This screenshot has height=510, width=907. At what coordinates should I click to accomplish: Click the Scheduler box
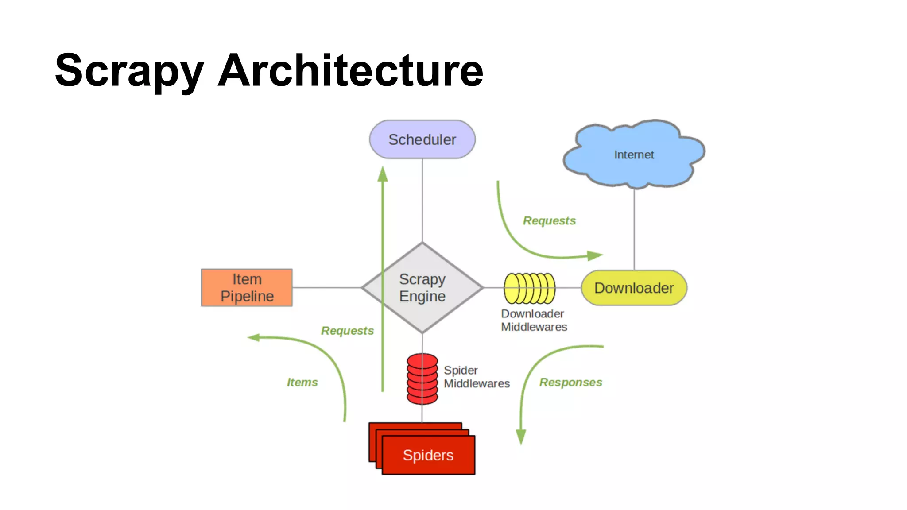click(x=422, y=139)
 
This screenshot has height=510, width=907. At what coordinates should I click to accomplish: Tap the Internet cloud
click(x=633, y=155)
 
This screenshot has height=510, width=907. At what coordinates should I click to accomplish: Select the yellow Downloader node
click(x=634, y=288)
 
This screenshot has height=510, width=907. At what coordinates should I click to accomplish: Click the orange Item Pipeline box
click(x=247, y=288)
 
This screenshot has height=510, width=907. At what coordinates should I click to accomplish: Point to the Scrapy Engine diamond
click(x=422, y=288)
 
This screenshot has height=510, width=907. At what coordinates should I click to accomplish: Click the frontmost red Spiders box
click(x=428, y=456)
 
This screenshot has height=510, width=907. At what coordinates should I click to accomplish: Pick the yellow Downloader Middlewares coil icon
click(x=529, y=288)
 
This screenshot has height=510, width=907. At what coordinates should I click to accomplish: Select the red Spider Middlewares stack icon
click(x=422, y=379)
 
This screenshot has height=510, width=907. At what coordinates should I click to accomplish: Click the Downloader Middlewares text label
click(x=533, y=320)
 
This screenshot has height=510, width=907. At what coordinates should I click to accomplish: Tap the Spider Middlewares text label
click(x=476, y=377)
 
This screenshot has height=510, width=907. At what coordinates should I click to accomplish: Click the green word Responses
click(x=570, y=382)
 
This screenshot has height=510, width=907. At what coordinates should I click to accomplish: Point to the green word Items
click(x=302, y=382)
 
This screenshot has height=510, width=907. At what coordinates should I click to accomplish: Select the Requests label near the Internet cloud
click(x=549, y=220)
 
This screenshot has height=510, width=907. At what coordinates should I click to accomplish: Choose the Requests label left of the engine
click(x=347, y=331)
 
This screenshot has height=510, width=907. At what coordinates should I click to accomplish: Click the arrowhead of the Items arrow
click(x=253, y=338)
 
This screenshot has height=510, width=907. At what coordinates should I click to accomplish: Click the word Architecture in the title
click(x=350, y=71)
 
